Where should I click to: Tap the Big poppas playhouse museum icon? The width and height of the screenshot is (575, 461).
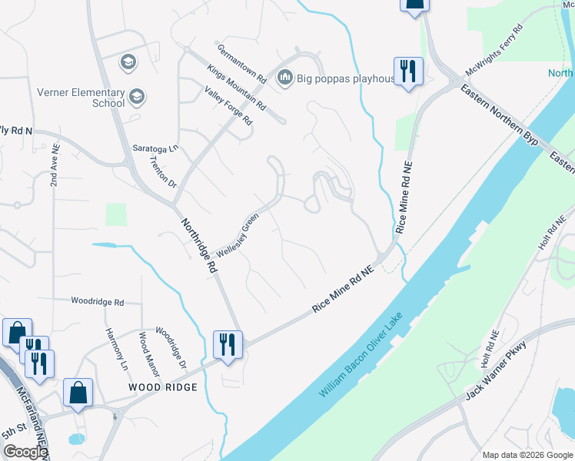285,77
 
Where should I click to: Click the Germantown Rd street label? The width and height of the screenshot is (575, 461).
241,63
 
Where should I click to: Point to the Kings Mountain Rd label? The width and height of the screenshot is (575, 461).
236,86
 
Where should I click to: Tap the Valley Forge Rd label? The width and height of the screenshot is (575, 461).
228,106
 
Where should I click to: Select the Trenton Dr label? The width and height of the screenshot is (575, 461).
164,174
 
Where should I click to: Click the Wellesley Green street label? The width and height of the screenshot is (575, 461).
238,236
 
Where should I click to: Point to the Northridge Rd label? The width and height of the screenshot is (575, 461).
199,246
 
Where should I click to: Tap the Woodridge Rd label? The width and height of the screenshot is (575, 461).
97,302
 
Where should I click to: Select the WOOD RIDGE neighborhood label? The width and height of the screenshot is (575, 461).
163,387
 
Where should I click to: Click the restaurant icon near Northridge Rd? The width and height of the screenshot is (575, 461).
228,343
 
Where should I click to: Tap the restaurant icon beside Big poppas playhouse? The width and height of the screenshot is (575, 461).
407,71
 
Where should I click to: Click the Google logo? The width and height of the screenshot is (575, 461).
25,452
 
